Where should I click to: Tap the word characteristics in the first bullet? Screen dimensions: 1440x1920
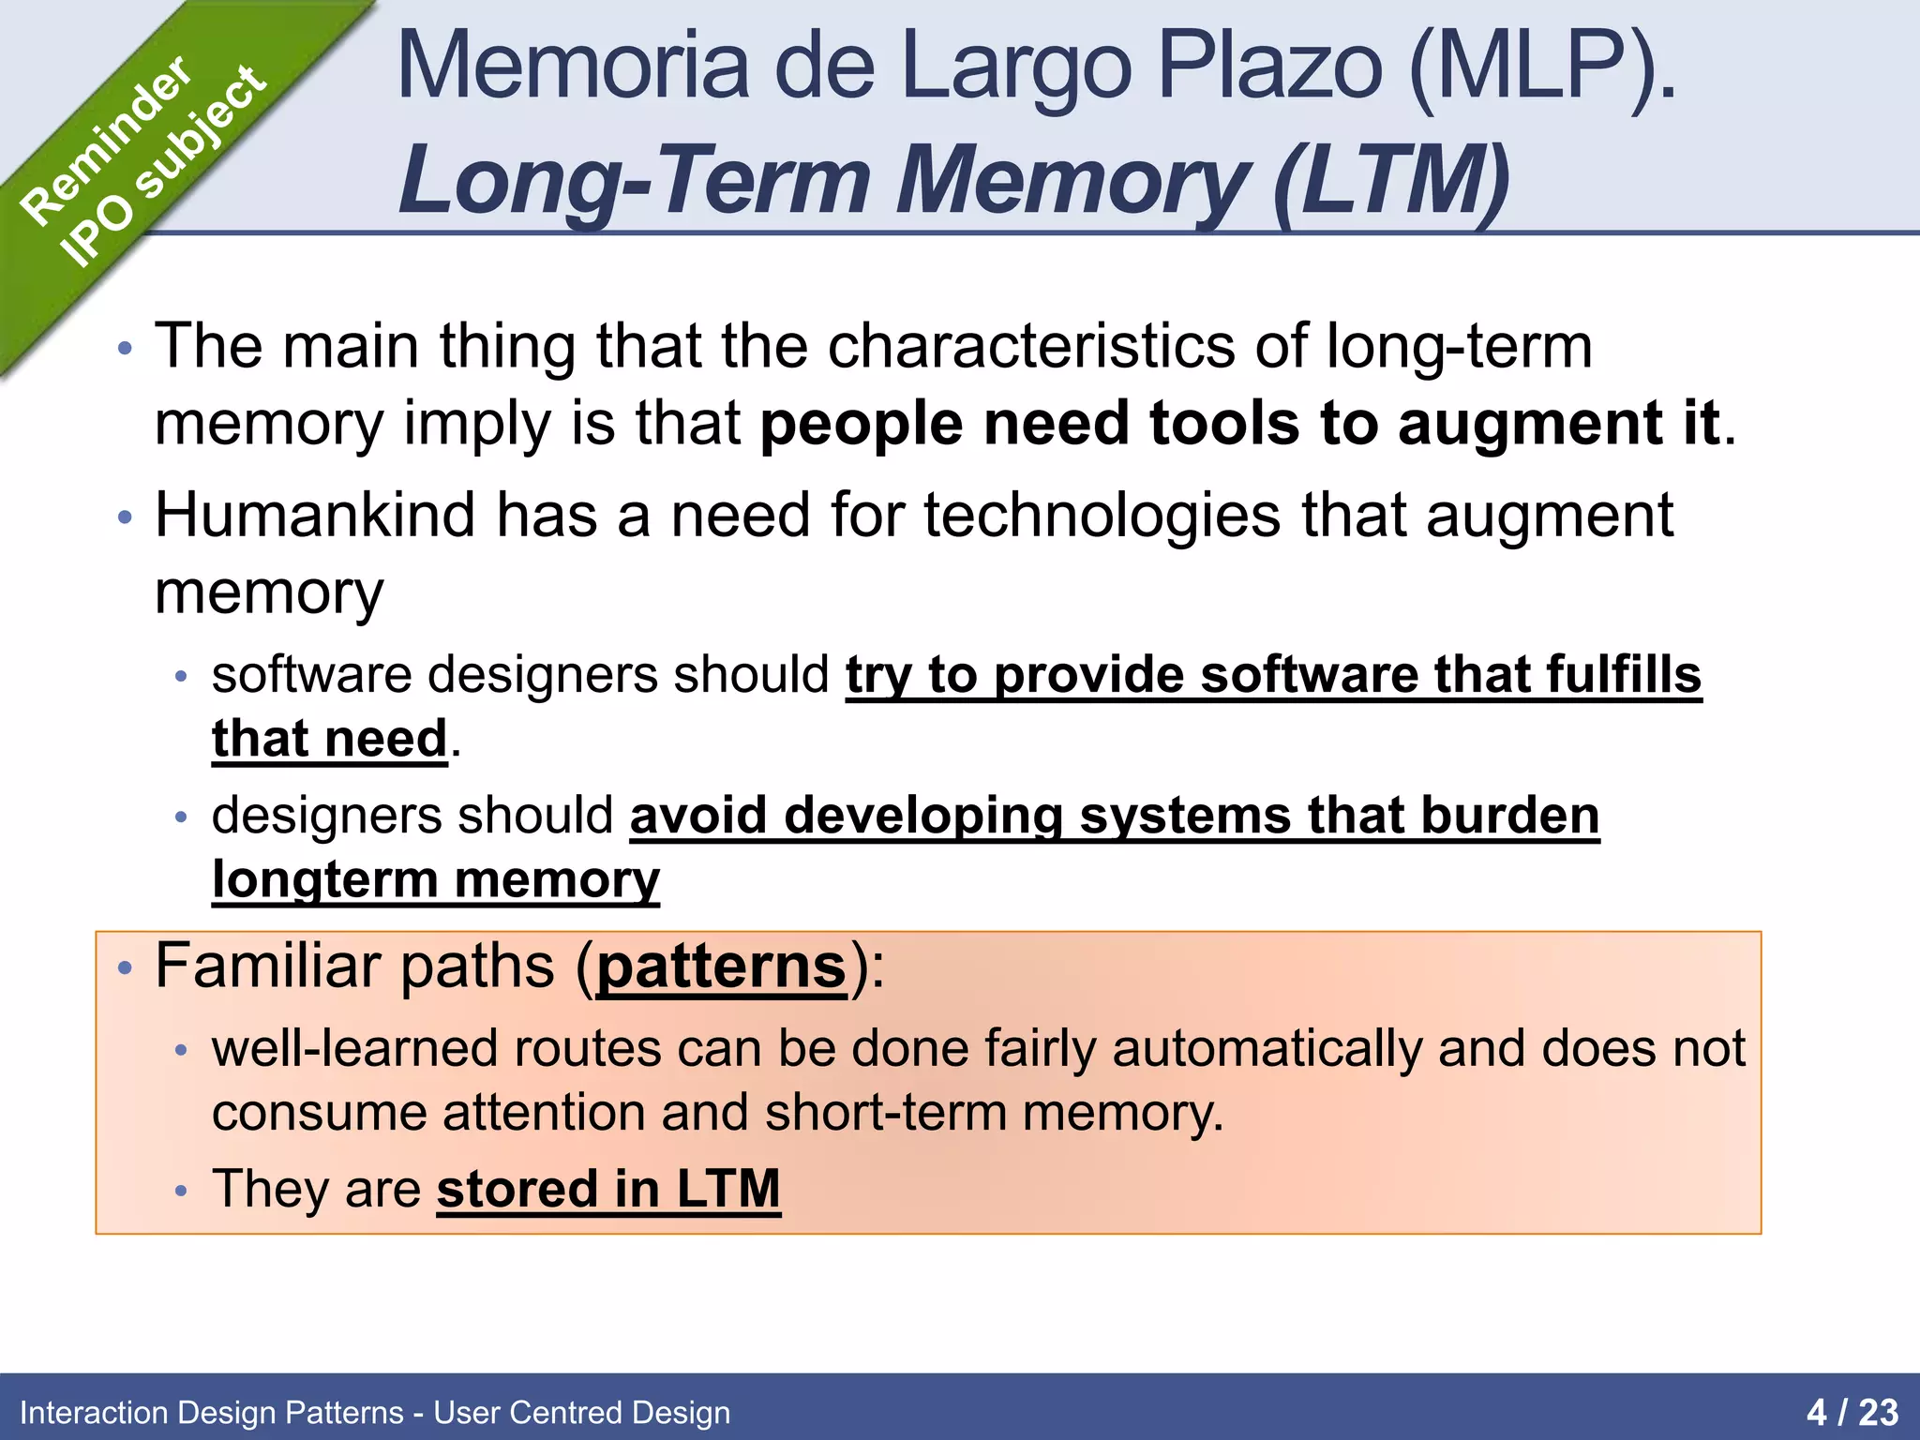[1030, 347]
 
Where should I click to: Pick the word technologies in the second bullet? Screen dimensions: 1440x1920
[1102, 516]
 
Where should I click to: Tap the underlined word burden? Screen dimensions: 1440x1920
[1509, 816]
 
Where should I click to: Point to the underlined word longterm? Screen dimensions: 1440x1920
[324, 880]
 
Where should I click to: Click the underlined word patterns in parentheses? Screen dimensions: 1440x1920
[721, 967]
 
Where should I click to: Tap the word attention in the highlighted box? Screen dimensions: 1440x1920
[543, 1114]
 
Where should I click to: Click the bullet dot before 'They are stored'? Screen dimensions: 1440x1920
[182, 1192]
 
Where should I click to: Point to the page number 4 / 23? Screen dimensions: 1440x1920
[1852, 1412]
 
